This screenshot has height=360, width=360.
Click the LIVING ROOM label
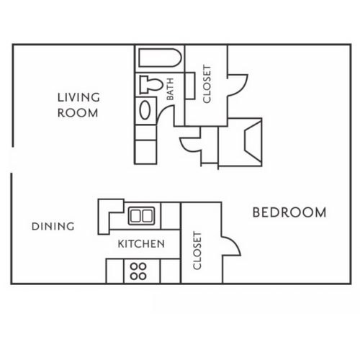coord(78,104)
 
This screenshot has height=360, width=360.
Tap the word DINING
coord(53,226)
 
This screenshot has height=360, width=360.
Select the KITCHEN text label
coord(141,244)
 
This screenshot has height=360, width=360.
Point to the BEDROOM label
coord(289,213)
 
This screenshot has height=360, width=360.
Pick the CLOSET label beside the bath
coord(207,86)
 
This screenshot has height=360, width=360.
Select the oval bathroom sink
coord(145,110)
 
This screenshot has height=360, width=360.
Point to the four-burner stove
coord(139,270)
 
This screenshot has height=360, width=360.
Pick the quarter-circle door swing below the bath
coord(190,143)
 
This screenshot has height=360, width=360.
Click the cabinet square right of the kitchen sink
coord(170,215)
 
